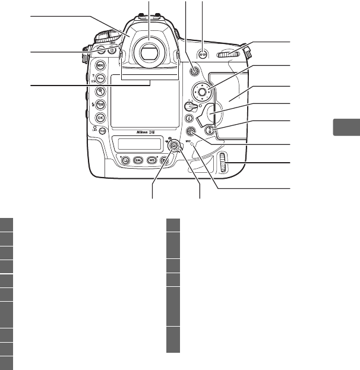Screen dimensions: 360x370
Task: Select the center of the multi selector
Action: click(202, 92)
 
